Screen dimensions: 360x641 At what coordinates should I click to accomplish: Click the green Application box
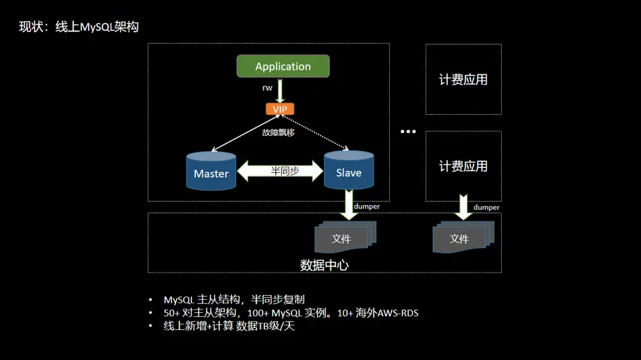click(x=283, y=66)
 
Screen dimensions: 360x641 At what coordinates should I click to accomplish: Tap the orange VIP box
click(x=280, y=109)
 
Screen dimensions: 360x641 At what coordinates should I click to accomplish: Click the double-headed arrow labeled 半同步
click(x=281, y=171)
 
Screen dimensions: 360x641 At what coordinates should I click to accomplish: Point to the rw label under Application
click(x=268, y=88)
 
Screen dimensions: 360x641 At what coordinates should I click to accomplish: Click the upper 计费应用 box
click(x=463, y=79)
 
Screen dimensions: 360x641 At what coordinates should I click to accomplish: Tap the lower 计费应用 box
click(x=463, y=166)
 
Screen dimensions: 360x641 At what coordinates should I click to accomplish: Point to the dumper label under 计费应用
click(x=486, y=207)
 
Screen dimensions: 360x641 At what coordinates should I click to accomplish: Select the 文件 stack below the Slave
click(x=343, y=238)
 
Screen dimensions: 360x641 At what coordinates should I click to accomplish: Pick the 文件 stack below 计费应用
click(x=461, y=238)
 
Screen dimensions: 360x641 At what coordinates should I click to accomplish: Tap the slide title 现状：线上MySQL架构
click(x=79, y=27)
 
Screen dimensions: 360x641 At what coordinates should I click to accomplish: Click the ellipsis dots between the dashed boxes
click(x=408, y=131)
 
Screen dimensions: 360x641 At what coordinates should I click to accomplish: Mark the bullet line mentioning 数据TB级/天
click(x=229, y=327)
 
